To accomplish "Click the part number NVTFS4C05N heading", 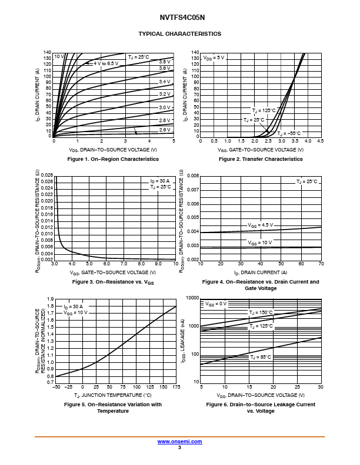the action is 182,18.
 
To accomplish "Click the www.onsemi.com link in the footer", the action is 179,442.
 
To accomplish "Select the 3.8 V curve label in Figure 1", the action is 165,62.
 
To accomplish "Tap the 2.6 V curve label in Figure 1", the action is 165,130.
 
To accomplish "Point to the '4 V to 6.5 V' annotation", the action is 106,63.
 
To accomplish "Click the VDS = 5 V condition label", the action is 214,58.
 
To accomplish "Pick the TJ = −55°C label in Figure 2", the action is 289,133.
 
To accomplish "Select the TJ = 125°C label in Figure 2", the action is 264,110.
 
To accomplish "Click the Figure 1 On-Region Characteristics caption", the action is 113,159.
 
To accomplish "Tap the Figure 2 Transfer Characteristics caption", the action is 261,159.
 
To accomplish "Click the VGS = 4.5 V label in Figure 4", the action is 260,225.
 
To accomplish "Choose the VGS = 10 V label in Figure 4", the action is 260,242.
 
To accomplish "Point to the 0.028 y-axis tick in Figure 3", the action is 47,175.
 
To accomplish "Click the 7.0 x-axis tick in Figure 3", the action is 124,264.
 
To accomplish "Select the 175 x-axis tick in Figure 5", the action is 176,387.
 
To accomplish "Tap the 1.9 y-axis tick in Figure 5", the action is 51,299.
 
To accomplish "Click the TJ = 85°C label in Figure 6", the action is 261,357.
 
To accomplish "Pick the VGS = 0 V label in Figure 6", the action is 216,304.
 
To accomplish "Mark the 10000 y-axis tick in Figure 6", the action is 192,298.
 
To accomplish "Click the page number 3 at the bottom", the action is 179,447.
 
